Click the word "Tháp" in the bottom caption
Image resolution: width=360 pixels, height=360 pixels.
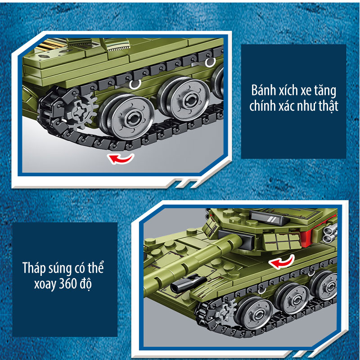(34, 268)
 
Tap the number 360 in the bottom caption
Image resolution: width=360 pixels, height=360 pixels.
(68, 284)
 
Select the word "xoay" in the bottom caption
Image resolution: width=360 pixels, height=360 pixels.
(45, 285)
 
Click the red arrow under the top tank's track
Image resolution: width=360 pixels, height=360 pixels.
(120, 159)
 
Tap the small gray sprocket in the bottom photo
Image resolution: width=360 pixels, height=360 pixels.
(226, 310)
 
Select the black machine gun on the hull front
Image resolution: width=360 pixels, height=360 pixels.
(188, 282)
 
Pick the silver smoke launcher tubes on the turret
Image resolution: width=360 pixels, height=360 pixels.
(330, 233)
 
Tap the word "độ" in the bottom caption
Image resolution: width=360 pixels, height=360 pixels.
(86, 285)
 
